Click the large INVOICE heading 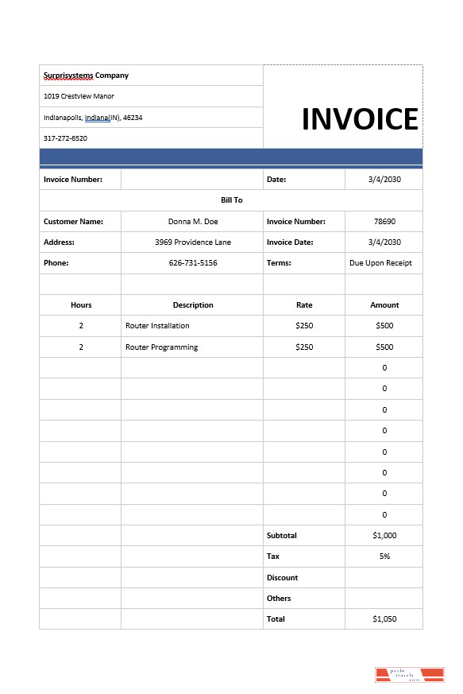click(x=360, y=119)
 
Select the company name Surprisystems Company click(x=86, y=76)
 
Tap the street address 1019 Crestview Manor click(x=79, y=96)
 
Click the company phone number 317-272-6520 click(x=65, y=138)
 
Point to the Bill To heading click(x=231, y=200)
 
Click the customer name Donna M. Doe click(x=193, y=222)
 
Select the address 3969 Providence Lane click(x=193, y=242)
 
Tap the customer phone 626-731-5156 click(x=193, y=263)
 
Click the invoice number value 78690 click(x=384, y=222)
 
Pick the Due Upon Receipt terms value click(x=380, y=263)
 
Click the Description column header click(x=193, y=305)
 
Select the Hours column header click(x=81, y=305)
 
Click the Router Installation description click(x=157, y=326)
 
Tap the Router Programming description click(x=161, y=347)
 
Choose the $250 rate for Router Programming click(x=304, y=347)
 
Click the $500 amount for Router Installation click(x=384, y=326)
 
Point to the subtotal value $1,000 click(x=384, y=536)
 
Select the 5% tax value click(x=384, y=556)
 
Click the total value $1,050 click(x=384, y=619)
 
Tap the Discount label click(x=282, y=578)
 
